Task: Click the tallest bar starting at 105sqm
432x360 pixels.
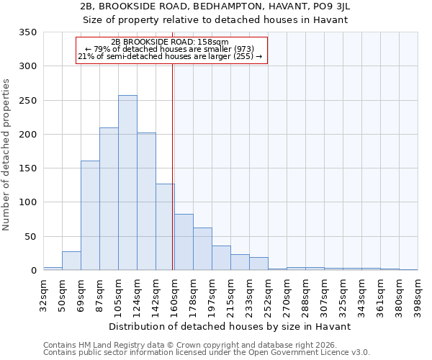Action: (127, 183)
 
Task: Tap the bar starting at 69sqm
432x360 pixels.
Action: (90, 215)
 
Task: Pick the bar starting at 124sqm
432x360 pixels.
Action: (146, 202)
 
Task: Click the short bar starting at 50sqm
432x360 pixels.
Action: (71, 261)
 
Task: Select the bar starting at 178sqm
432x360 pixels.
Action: (202, 249)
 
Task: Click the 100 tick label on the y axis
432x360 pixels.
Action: (27, 202)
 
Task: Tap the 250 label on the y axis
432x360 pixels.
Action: (27, 101)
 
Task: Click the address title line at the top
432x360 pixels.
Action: (215, 6)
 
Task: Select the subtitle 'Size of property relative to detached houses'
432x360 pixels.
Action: (215, 19)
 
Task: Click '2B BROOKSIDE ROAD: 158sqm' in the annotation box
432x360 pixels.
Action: (170, 42)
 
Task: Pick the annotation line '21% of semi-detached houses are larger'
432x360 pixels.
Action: (170, 56)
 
